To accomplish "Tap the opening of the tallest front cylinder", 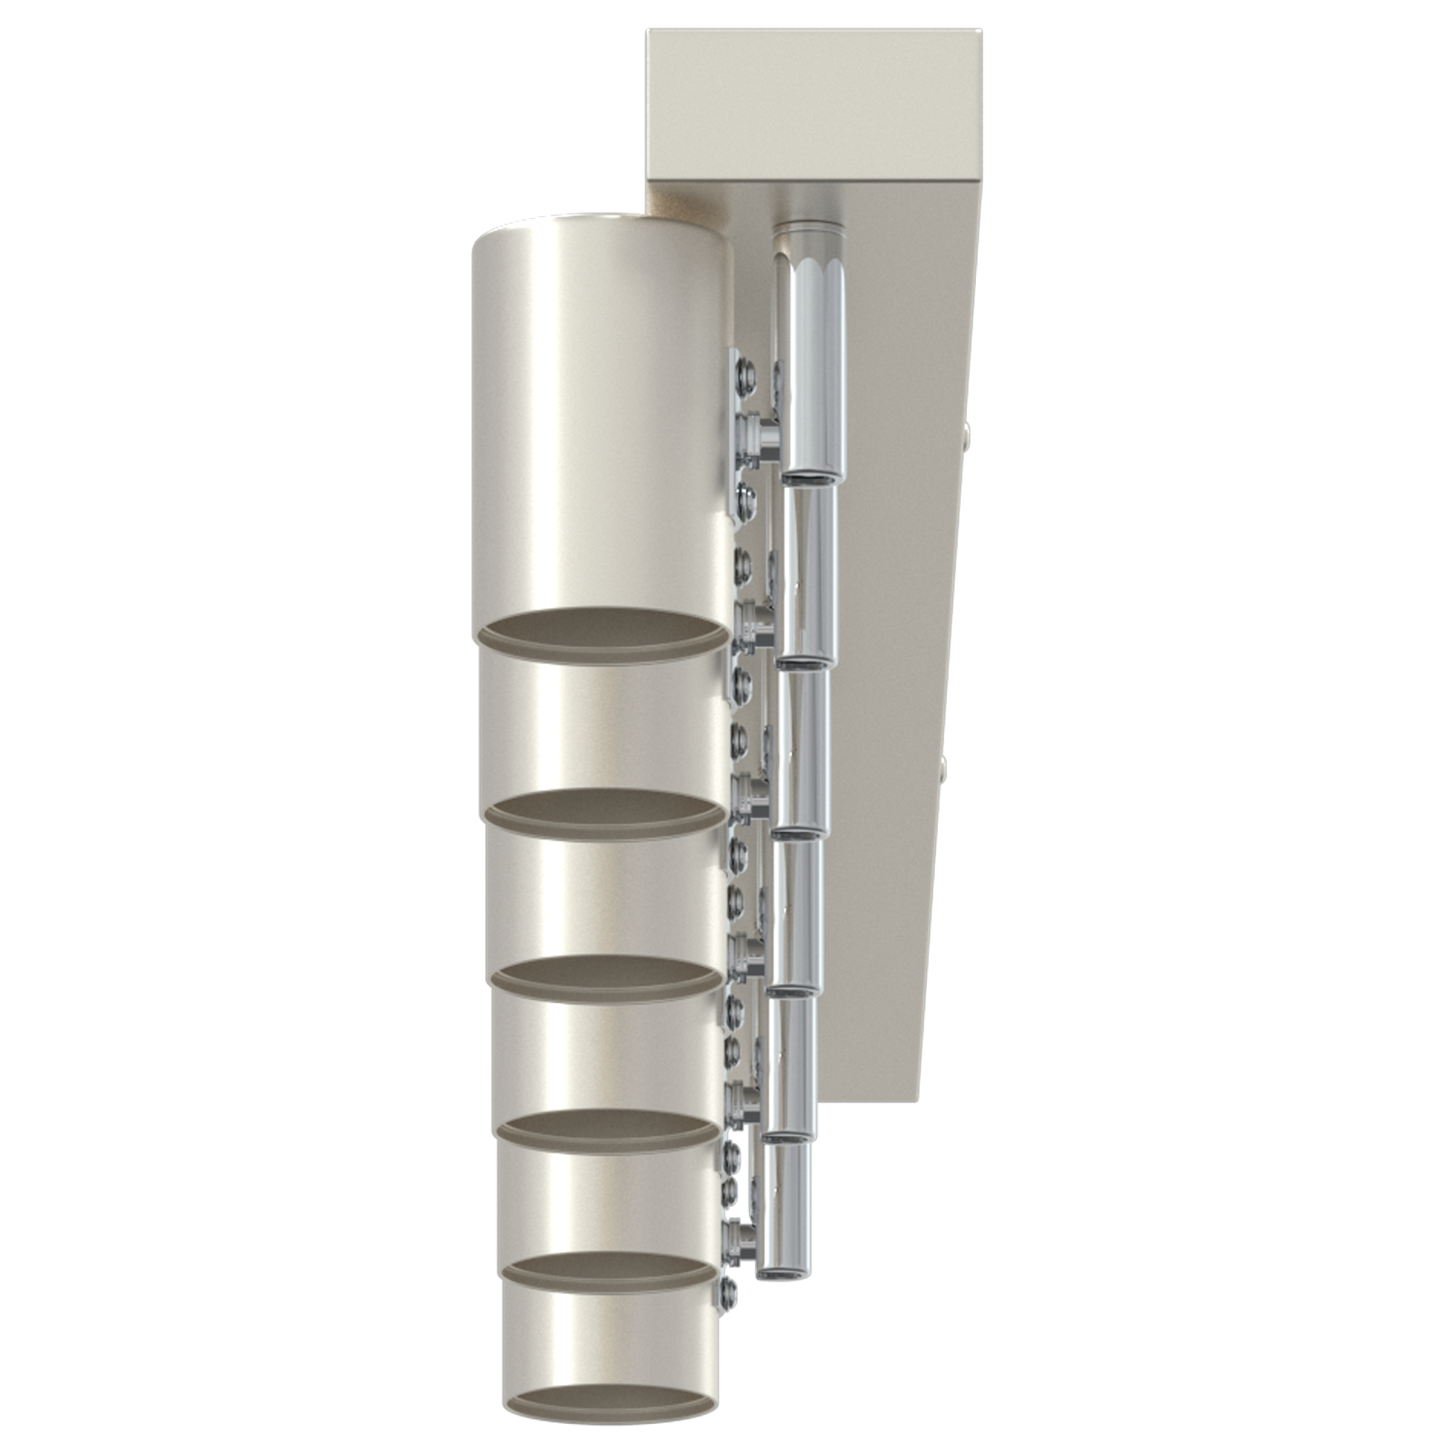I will click(x=601, y=632).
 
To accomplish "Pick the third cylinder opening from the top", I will click(x=607, y=972).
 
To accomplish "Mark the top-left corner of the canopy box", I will click(x=648, y=33).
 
